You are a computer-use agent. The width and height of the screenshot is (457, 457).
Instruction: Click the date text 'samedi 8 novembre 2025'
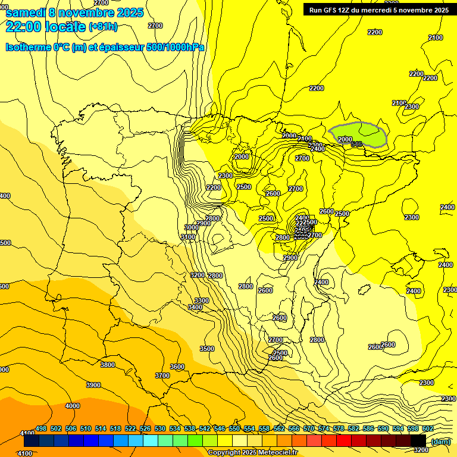(x=74, y=12)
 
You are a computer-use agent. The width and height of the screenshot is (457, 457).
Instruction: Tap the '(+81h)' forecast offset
(x=103, y=26)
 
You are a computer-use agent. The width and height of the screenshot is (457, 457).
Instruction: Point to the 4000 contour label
(x=72, y=406)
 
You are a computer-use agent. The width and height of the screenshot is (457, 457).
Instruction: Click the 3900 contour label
(x=93, y=385)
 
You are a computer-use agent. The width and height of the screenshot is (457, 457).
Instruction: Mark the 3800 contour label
(x=108, y=365)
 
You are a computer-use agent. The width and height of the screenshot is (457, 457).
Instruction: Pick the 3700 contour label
(x=162, y=375)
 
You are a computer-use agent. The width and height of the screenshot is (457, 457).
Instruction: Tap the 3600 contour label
(x=177, y=367)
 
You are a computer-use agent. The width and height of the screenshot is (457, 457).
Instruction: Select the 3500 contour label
(x=206, y=349)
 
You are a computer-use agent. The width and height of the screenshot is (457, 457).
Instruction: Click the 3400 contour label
(x=195, y=307)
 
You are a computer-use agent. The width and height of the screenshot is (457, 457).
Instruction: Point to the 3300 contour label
(x=202, y=301)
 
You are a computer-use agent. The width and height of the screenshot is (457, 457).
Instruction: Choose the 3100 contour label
(x=188, y=237)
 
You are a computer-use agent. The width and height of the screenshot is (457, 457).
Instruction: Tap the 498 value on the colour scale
(x=41, y=428)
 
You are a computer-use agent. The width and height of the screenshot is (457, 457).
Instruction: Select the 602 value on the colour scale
(x=428, y=428)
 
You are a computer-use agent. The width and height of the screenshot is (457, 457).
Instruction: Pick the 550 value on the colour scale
(x=234, y=428)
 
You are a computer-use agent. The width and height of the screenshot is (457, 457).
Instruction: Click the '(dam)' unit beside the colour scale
(x=441, y=441)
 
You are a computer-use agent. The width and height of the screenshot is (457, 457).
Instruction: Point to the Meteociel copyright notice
(x=252, y=452)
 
